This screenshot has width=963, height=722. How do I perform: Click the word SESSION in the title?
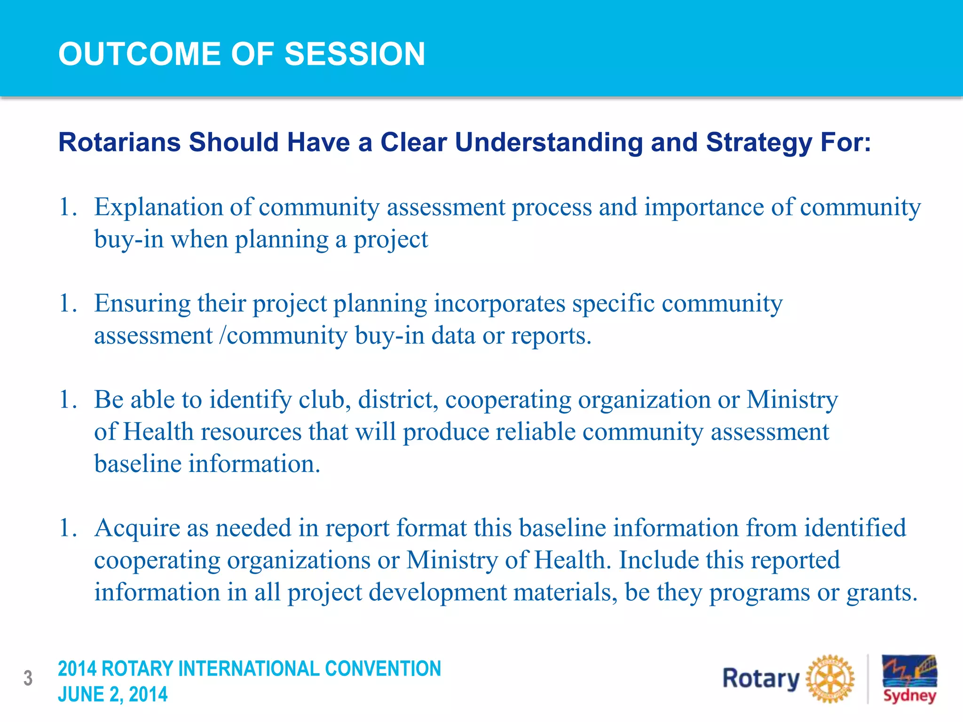point(355,54)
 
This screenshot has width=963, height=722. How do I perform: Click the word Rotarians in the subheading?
point(119,142)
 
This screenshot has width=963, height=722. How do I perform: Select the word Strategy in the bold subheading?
point(758,143)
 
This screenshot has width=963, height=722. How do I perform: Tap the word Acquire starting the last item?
point(137,528)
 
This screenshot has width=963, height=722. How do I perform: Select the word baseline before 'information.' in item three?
point(138,464)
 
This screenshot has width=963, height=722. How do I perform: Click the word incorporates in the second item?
point(499,304)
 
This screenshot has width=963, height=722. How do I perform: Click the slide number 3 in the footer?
point(28,678)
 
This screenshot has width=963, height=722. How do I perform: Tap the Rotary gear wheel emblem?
point(830,679)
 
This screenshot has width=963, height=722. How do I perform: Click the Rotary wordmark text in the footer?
point(760,679)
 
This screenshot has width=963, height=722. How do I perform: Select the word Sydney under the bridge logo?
point(909,696)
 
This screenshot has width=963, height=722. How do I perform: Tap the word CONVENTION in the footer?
point(383,669)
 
